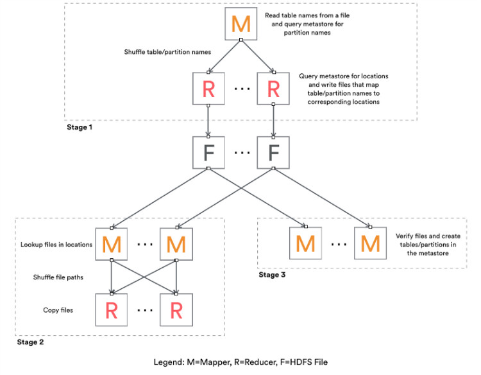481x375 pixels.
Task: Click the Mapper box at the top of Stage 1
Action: coord(240,24)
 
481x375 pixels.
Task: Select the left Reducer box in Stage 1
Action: coord(208,89)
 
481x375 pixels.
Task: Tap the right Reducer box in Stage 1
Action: coord(273,89)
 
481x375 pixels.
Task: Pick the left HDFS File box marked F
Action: coord(208,153)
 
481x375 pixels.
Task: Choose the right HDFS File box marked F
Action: coord(273,153)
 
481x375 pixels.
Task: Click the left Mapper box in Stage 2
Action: coord(112,243)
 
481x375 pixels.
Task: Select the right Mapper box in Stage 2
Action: coord(176,243)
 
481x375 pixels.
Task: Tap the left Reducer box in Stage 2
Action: coord(112,311)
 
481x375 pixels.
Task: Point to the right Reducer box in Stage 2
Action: coord(176,311)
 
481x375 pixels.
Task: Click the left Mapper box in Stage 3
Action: coord(305,243)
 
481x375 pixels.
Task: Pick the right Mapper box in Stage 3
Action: coord(371,243)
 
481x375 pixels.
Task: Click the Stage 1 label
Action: coord(80,127)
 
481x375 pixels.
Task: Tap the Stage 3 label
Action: coord(273,275)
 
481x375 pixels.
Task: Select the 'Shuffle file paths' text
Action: coord(59,276)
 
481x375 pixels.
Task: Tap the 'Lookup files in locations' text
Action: coord(58,243)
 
